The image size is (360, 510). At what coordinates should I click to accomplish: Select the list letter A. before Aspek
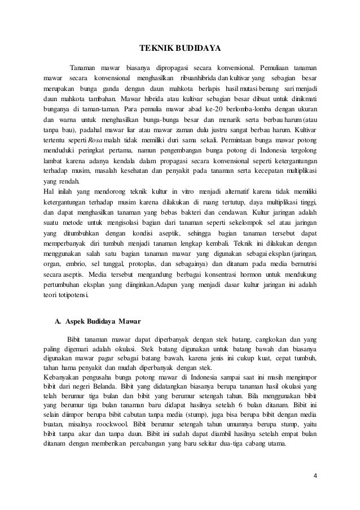coord(58,322)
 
